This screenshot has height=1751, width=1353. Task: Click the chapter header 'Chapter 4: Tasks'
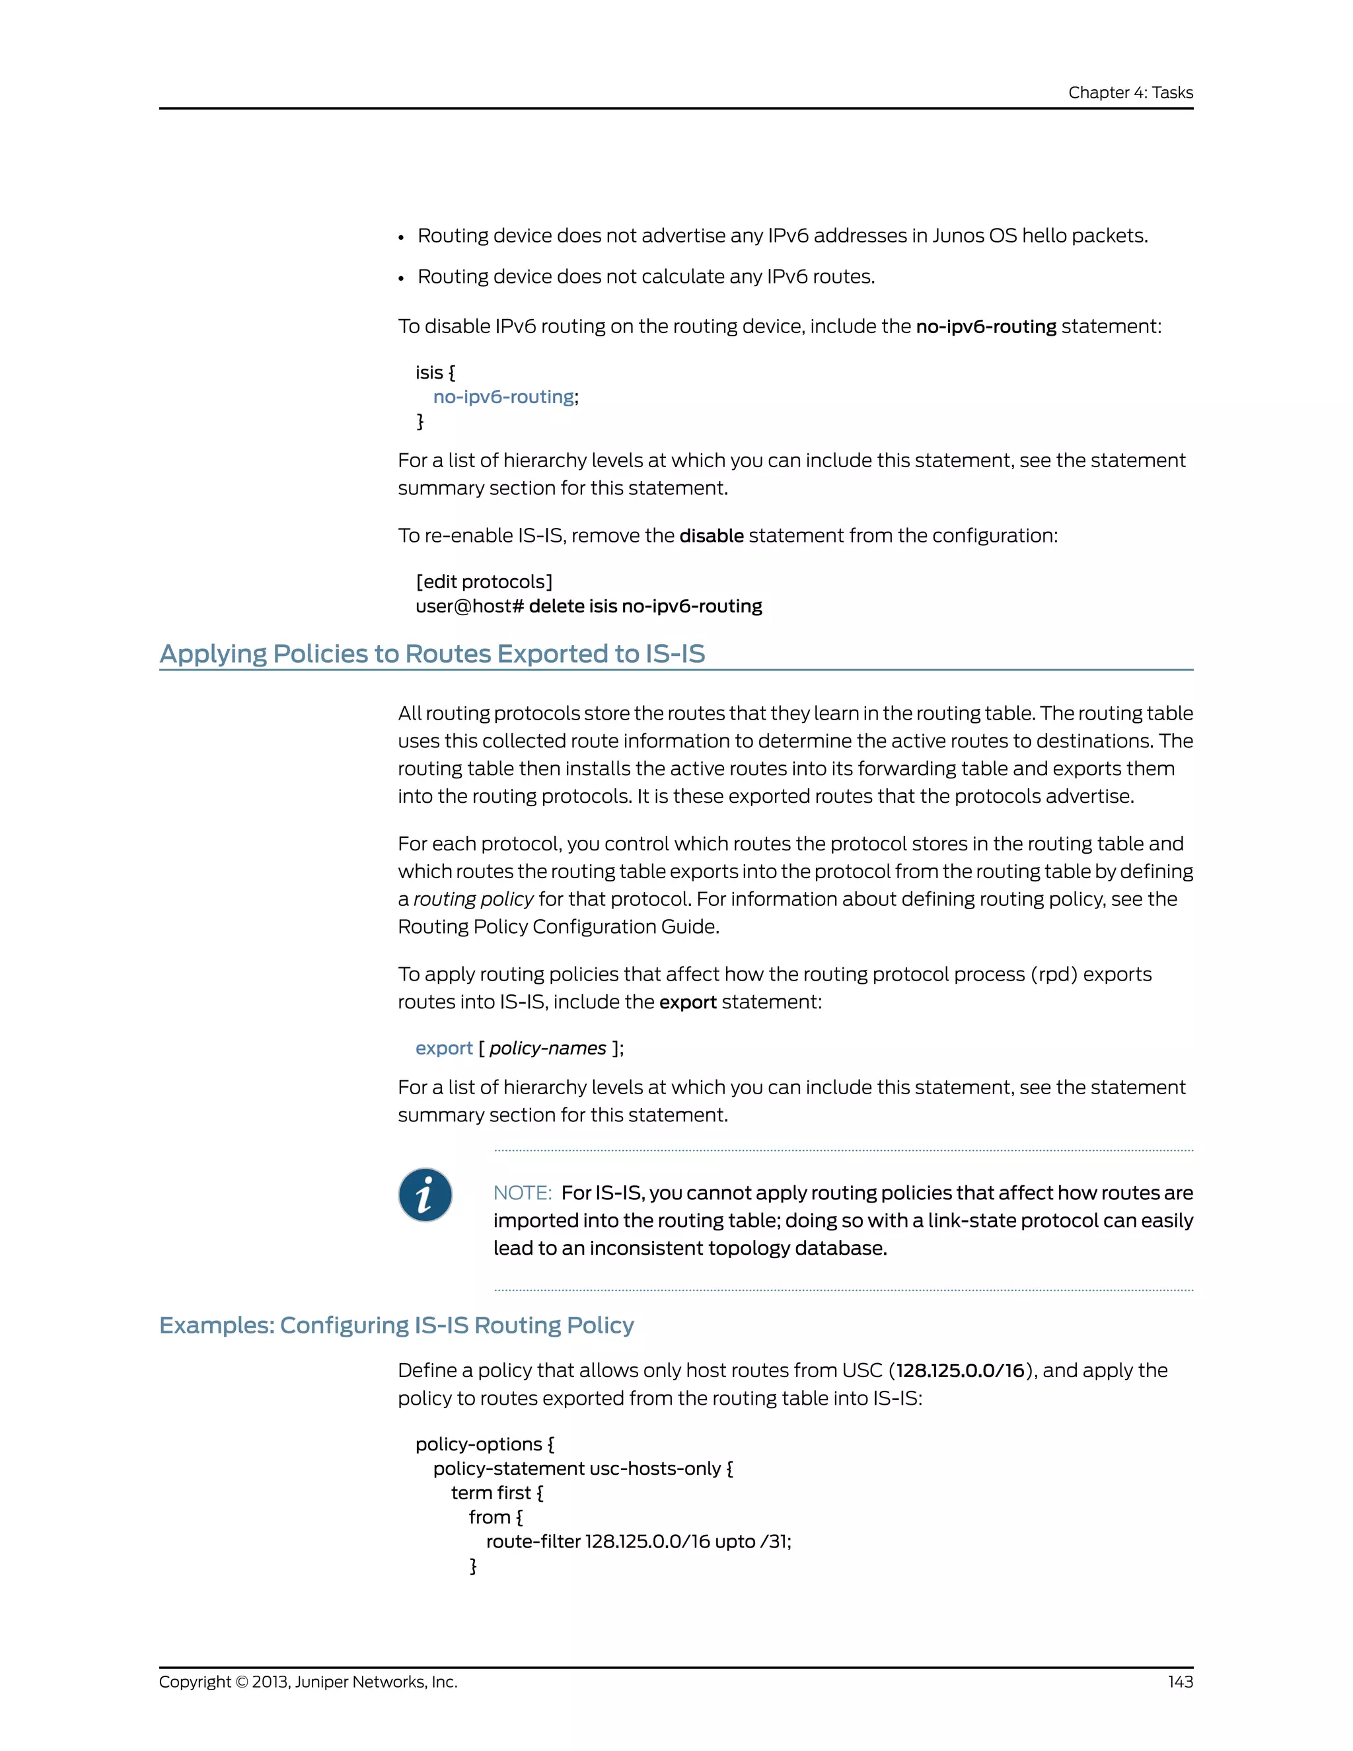[x=1130, y=93]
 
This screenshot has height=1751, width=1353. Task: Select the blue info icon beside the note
[x=425, y=1195]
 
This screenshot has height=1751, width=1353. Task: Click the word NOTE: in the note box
[x=522, y=1193]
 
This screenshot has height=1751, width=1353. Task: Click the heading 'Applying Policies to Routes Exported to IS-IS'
[x=432, y=653]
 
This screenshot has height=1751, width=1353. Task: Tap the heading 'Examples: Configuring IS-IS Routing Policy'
[x=396, y=1325]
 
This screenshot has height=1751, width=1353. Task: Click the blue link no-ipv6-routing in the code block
[x=503, y=397]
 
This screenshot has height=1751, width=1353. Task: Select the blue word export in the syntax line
[x=443, y=1049]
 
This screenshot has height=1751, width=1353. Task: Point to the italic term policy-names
[x=548, y=1049]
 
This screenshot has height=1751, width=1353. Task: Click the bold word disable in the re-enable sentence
[x=711, y=536]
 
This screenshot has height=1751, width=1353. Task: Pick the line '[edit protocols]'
[x=484, y=582]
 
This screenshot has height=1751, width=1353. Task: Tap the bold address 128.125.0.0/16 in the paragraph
[x=960, y=1370]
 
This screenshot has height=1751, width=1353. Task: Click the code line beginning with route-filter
[x=638, y=1542]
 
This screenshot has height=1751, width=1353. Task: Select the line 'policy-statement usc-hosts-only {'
[x=583, y=1469]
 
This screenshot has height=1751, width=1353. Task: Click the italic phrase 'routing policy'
[x=473, y=899]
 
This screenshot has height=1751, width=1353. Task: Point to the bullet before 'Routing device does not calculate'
[x=402, y=278]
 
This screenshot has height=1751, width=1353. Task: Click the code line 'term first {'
[x=497, y=1493]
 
